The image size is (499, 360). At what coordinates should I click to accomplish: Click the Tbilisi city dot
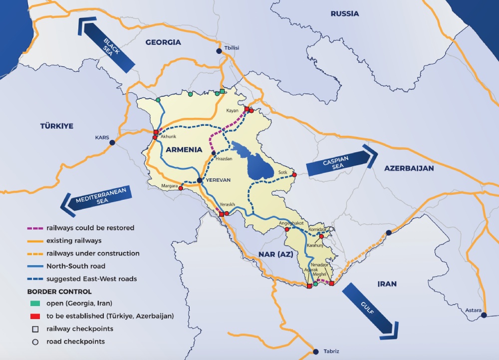click(x=219, y=51)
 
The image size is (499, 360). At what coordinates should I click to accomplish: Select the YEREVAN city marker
click(x=200, y=180)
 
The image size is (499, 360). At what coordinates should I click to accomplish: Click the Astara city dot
click(x=484, y=315)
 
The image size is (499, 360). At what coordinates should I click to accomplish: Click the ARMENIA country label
click(x=184, y=149)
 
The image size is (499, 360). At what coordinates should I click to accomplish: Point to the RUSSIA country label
click(x=344, y=13)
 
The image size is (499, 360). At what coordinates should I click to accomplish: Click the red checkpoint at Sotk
click(x=294, y=175)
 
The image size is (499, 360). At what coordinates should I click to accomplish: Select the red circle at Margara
click(x=181, y=189)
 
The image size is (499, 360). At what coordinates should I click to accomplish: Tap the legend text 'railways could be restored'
click(x=90, y=228)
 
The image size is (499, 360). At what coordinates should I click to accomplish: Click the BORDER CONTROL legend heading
click(x=59, y=291)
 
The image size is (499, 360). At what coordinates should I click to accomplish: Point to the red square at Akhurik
click(x=156, y=132)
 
